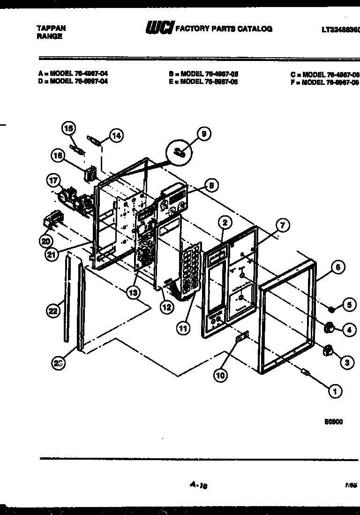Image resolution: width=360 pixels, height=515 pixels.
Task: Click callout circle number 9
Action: point(203,134)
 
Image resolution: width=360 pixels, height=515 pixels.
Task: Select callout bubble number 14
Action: point(116,136)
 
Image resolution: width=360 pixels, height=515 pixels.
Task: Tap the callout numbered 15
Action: point(68,128)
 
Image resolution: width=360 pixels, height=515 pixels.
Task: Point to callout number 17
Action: point(52,180)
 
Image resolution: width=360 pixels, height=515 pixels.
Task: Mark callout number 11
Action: point(183,328)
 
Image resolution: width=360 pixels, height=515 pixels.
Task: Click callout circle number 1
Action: point(335,391)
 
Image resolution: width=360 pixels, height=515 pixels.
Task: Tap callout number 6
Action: point(337,268)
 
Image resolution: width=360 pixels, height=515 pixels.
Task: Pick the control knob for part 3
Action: point(329,349)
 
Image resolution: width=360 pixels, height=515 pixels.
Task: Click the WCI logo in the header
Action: point(159,29)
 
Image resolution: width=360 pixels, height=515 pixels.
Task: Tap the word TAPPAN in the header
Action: point(51,28)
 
